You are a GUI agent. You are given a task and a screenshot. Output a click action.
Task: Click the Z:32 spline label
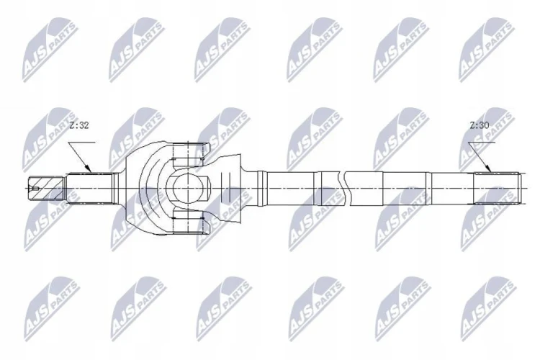click(79, 125)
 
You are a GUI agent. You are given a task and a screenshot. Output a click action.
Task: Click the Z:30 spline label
click(480, 125)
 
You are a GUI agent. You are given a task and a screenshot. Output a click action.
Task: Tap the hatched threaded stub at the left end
click(47, 188)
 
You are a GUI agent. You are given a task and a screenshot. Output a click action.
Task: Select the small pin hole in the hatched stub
click(35, 189)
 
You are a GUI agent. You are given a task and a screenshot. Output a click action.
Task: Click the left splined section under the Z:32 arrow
click(90, 189)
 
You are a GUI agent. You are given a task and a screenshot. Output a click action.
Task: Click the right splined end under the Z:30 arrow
click(496, 188)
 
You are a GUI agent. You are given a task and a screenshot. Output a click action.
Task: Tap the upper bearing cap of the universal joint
click(189, 150)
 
